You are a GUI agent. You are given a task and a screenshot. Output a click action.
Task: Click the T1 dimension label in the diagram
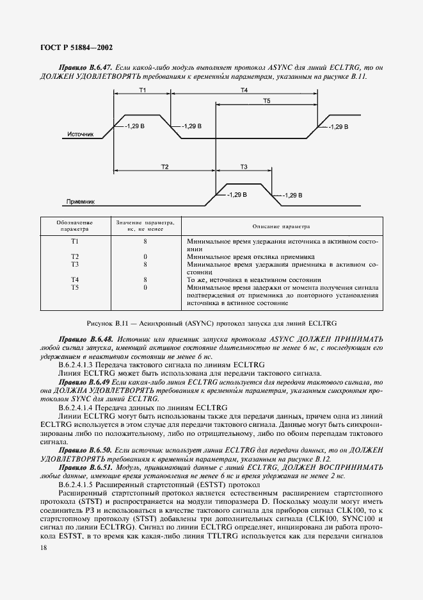[x=142, y=90]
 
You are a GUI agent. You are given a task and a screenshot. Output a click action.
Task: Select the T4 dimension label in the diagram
[x=244, y=90]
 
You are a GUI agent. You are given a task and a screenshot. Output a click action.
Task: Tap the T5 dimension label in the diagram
[x=267, y=101]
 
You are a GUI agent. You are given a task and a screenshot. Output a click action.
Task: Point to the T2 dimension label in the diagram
[x=164, y=166]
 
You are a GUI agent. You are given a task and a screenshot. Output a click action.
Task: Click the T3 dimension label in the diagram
[x=244, y=166]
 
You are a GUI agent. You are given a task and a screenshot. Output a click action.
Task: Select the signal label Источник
[x=81, y=135]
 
